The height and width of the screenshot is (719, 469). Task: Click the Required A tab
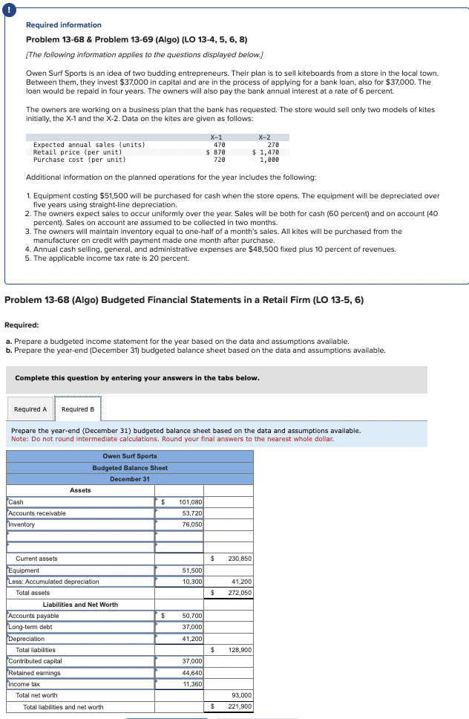tap(30, 409)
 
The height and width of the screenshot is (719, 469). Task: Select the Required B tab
tap(78, 409)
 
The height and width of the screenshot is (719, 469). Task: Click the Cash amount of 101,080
tap(191, 502)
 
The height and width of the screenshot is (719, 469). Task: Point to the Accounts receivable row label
tap(37, 513)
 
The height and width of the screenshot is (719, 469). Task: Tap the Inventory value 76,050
tap(192, 524)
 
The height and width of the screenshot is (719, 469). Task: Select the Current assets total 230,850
tap(239, 559)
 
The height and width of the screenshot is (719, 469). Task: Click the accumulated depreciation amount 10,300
tap(192, 582)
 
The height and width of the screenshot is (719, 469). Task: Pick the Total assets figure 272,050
tap(239, 593)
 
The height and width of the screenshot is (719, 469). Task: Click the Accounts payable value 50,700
tap(192, 616)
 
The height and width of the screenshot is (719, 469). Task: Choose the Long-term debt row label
tap(30, 627)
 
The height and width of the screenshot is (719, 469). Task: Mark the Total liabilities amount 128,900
tap(239, 650)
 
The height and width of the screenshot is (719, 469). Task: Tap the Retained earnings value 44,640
tap(192, 673)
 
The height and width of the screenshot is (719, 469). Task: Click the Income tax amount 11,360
tap(192, 684)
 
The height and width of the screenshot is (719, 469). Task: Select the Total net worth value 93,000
tap(241, 695)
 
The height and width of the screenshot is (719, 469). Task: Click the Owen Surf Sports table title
tap(129, 456)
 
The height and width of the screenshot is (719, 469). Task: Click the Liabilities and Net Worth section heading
tap(80, 605)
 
